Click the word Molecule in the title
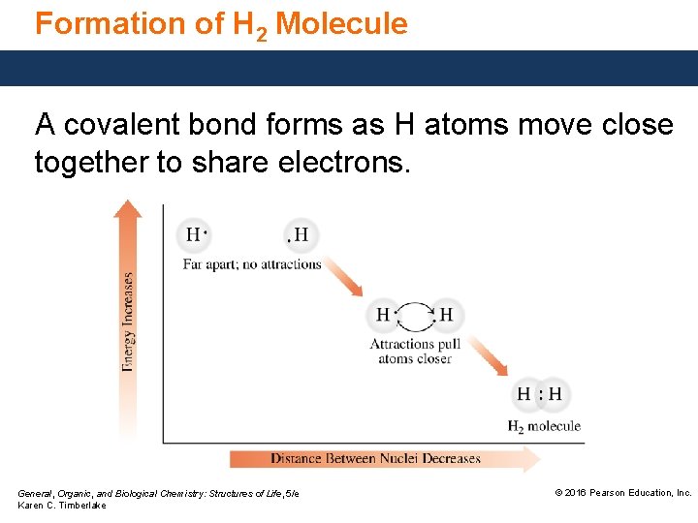341,23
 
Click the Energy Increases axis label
128,320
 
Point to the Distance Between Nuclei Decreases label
375,458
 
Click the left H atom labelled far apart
194,234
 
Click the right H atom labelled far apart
301,234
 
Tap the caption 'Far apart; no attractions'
252,264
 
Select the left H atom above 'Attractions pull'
383,315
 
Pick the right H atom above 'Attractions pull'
446,315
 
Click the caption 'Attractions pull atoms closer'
415,351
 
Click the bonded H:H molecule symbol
539,394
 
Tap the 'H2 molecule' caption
544,425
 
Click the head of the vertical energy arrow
127,207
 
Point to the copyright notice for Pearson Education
622,493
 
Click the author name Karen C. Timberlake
62,506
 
